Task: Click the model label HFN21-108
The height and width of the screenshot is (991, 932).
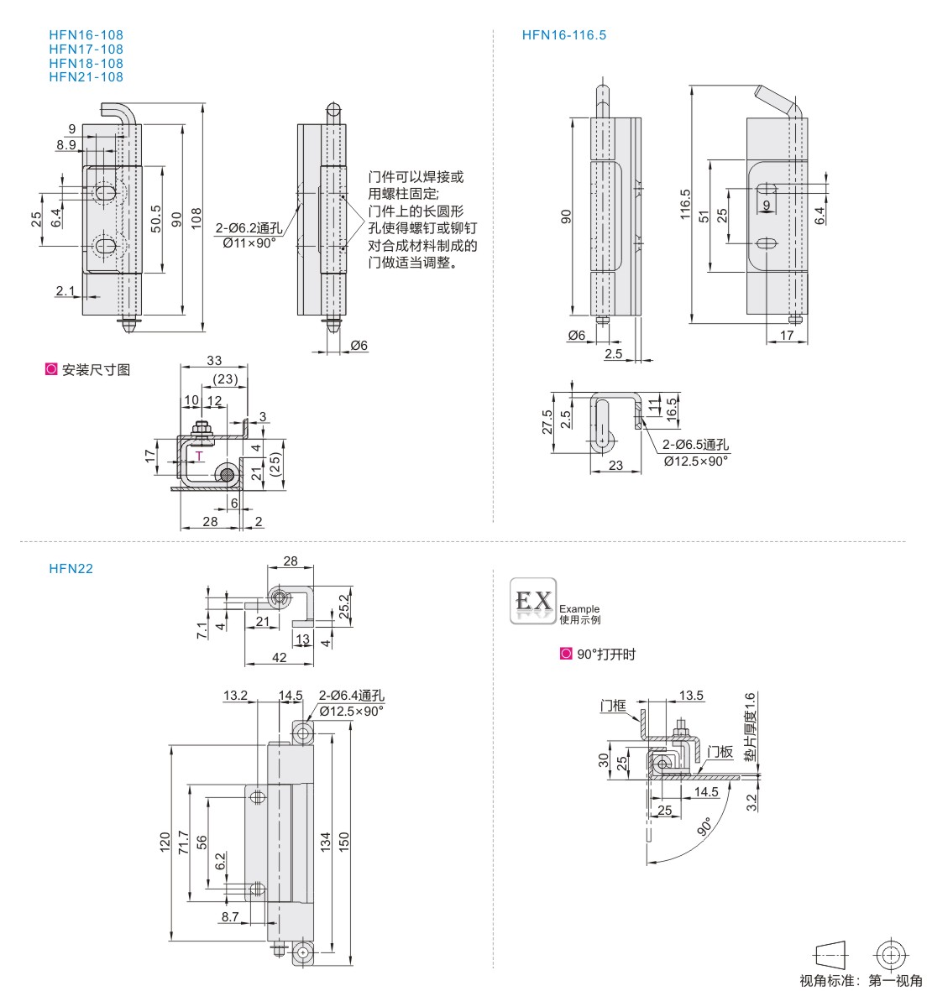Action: tap(86, 77)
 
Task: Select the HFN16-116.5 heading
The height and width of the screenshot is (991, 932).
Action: tap(563, 35)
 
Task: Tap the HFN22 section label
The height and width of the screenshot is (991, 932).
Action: tap(71, 568)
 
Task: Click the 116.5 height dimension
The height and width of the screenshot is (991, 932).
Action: tap(685, 205)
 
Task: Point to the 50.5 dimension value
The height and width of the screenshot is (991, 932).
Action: tap(155, 218)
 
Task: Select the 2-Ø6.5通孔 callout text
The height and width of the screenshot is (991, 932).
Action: tap(696, 446)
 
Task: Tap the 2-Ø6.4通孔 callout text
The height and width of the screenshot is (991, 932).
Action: tap(351, 696)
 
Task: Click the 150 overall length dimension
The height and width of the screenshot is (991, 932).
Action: tap(343, 841)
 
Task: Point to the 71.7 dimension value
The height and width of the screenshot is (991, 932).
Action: tap(183, 842)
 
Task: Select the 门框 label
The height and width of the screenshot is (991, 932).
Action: tap(614, 706)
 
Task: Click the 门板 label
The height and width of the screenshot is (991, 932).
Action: tap(720, 752)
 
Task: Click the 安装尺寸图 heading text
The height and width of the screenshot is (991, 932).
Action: tap(96, 369)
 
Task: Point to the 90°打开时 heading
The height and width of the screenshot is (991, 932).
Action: tap(605, 655)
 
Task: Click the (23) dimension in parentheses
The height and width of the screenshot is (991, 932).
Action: tap(224, 379)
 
